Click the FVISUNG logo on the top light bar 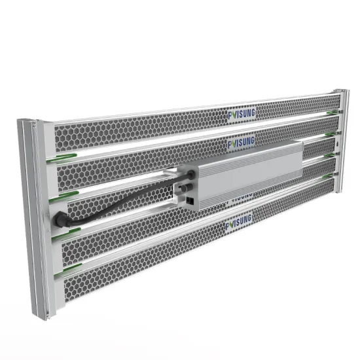[242, 115]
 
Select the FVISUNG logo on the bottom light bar [240, 225]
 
